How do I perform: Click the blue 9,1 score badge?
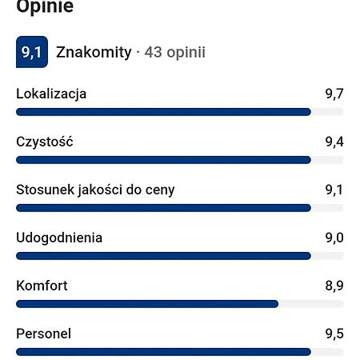[x=32, y=53]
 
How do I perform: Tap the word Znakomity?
[x=94, y=53]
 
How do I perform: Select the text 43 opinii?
[x=174, y=53]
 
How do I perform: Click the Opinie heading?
[x=45, y=7]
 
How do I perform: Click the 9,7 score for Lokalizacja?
[x=334, y=94]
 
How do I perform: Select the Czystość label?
[x=45, y=142]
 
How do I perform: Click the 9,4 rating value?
[x=334, y=142]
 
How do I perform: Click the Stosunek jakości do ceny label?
[x=95, y=190]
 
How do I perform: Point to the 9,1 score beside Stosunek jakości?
[x=334, y=190]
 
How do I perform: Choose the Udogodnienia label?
[x=59, y=238]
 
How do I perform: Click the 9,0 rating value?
[x=334, y=238]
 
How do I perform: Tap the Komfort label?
[x=42, y=286]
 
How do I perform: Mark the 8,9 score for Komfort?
[x=334, y=286]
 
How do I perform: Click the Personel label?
[x=43, y=334]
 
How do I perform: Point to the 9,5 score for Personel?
[x=334, y=334]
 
